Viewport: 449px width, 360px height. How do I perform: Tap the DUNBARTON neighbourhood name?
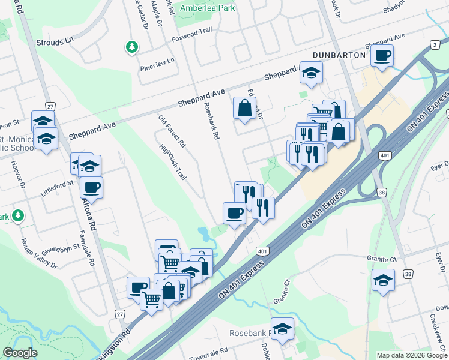pos(339,55)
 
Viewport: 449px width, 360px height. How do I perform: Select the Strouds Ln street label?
pos(55,43)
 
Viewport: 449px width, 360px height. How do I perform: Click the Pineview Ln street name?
pos(157,61)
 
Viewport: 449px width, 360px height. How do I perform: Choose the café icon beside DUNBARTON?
pos(382,56)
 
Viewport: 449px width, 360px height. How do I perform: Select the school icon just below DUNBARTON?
pos(310,73)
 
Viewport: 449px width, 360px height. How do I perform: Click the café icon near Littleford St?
pos(92,188)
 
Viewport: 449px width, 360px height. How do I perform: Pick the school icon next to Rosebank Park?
pos(282,329)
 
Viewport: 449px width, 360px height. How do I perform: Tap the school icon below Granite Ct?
pos(382,280)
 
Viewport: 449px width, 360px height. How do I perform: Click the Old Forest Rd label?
pos(172,130)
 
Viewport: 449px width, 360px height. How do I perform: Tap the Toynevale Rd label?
pos(208,351)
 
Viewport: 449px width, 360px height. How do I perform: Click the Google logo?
pos(20,353)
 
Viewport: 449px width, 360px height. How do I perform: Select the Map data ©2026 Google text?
pos(411,355)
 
